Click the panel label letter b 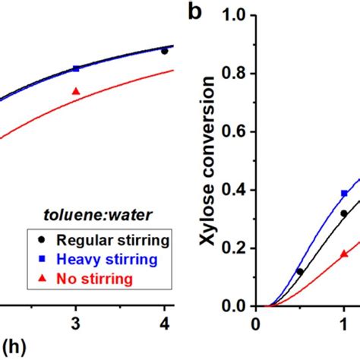pyautogui.click(x=196, y=14)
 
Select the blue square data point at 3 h pyautogui.click(x=75, y=68)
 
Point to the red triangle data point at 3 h pyautogui.click(x=75, y=91)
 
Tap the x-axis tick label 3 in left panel pyautogui.click(x=75, y=325)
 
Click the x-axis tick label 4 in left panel pyautogui.click(x=164, y=325)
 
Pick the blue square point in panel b pyautogui.click(x=344, y=193)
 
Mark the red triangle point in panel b pyautogui.click(x=344, y=254)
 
